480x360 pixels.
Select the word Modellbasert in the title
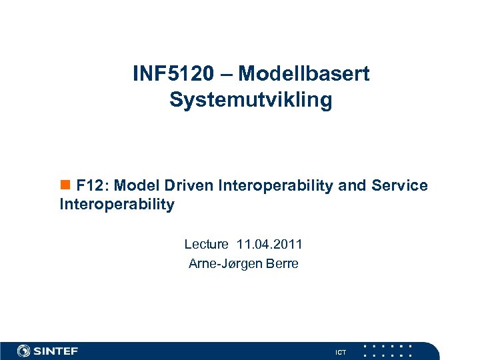pyautogui.click(x=303, y=74)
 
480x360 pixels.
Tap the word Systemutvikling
pyautogui.click(x=251, y=100)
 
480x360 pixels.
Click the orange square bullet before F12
pyautogui.click(x=65, y=185)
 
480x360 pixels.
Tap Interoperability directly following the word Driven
pyautogui.click(x=275, y=185)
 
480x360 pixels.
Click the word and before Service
pyautogui.click(x=352, y=185)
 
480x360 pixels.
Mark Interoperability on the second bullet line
pyautogui.click(x=117, y=205)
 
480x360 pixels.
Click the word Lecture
pyautogui.click(x=206, y=245)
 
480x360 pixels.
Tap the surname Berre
pyautogui.click(x=282, y=264)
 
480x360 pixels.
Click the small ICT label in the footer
pyautogui.click(x=341, y=352)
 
